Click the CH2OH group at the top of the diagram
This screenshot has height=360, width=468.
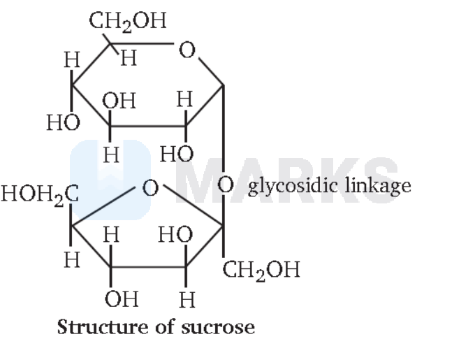point(128,22)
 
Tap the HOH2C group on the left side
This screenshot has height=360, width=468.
point(40,194)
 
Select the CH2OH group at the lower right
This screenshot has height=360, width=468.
point(261,271)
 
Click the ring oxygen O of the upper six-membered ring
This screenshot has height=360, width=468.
point(187,50)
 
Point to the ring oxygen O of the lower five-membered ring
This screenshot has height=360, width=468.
point(150,187)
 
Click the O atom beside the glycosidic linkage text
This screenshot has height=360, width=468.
point(226,185)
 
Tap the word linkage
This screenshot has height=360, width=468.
point(378,186)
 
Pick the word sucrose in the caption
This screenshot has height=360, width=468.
point(218,327)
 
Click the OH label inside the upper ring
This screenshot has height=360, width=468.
point(119,101)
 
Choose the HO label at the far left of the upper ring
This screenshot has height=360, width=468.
point(64,122)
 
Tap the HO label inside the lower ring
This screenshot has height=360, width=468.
point(175,234)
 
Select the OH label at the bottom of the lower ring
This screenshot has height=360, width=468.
point(122,298)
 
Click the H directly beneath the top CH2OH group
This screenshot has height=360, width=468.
point(129,57)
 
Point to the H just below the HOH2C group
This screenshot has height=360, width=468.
point(72,259)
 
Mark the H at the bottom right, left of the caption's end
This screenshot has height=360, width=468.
point(187,300)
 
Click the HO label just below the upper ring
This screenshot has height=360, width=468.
point(177,154)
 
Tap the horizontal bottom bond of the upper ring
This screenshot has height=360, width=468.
point(148,126)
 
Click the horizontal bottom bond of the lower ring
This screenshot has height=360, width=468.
point(148,266)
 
